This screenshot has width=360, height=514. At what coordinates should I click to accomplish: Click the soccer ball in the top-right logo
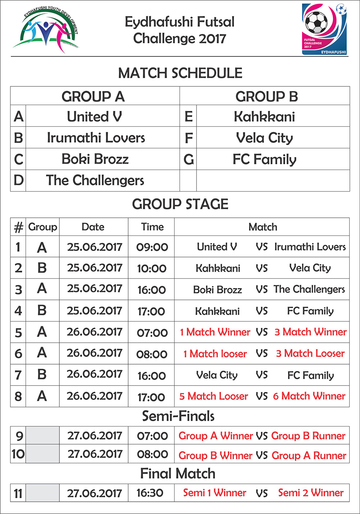(316, 22)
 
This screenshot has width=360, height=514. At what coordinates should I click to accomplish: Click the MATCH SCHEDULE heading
(180, 73)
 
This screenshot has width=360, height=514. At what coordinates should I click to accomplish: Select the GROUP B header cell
(266, 96)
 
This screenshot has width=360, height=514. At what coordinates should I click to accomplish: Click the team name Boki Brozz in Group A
(95, 159)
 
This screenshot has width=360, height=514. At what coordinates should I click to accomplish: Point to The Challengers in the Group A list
(95, 180)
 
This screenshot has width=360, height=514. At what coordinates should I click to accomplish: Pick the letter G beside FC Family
(189, 159)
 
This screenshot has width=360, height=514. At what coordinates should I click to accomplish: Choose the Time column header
(152, 227)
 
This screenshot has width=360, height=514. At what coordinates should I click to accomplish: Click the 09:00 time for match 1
(152, 247)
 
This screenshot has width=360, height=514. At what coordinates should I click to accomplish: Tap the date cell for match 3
(94, 289)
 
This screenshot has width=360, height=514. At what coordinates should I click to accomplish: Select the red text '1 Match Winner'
(215, 332)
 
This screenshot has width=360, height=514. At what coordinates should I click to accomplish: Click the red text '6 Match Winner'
(309, 396)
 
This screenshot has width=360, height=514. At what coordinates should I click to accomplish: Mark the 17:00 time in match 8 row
(151, 397)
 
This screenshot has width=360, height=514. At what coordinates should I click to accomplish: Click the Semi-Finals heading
(178, 416)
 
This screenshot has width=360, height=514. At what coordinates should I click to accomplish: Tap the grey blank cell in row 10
(42, 454)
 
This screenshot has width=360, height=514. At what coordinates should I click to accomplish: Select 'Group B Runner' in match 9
(308, 436)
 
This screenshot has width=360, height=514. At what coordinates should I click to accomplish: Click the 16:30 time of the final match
(150, 493)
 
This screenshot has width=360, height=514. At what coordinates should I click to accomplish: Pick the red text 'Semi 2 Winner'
(311, 493)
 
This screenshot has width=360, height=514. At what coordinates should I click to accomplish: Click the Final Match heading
(178, 473)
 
